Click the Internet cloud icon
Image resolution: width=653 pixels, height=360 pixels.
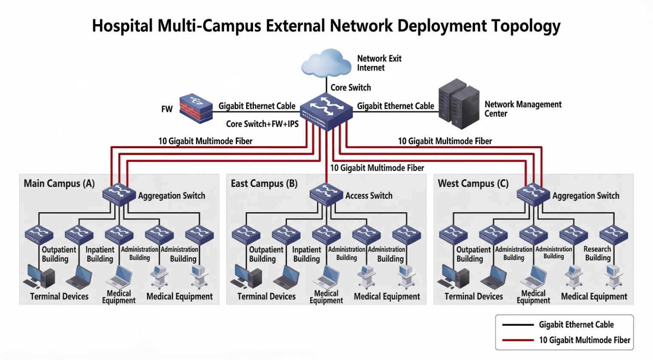326,63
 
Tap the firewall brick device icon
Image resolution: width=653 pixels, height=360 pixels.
196,108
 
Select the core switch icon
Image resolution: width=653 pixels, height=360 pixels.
326,112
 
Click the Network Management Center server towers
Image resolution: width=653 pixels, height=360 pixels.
459,104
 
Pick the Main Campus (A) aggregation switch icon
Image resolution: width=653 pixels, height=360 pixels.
119,195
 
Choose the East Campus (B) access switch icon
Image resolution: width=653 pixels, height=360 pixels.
326,195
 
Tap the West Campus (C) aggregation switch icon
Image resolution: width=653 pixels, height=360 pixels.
534,195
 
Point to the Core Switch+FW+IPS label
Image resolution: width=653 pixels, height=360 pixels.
262,124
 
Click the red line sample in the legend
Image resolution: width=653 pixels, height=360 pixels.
518,340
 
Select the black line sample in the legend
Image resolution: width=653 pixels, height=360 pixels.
518,325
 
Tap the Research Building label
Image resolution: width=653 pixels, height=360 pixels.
598,253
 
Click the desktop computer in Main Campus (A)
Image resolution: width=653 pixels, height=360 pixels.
39,276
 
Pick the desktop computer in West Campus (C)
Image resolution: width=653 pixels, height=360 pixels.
453,276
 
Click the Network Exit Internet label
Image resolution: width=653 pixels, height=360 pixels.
379,63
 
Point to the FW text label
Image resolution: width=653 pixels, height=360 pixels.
167,109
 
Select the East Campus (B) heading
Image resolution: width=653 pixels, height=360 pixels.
264,183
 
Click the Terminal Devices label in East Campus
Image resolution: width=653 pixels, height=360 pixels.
266,296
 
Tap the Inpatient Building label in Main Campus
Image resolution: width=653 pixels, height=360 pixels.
100,254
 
